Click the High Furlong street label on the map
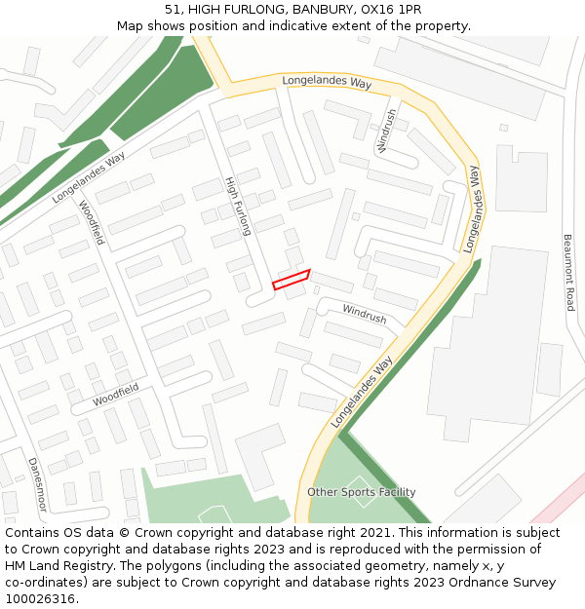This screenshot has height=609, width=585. [239, 206]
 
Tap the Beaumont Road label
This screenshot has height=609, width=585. [568, 272]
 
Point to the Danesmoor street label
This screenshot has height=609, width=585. [36, 484]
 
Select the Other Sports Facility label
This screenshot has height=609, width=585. [361, 492]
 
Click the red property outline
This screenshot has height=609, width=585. [291, 280]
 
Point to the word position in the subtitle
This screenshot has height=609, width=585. [214, 25]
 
